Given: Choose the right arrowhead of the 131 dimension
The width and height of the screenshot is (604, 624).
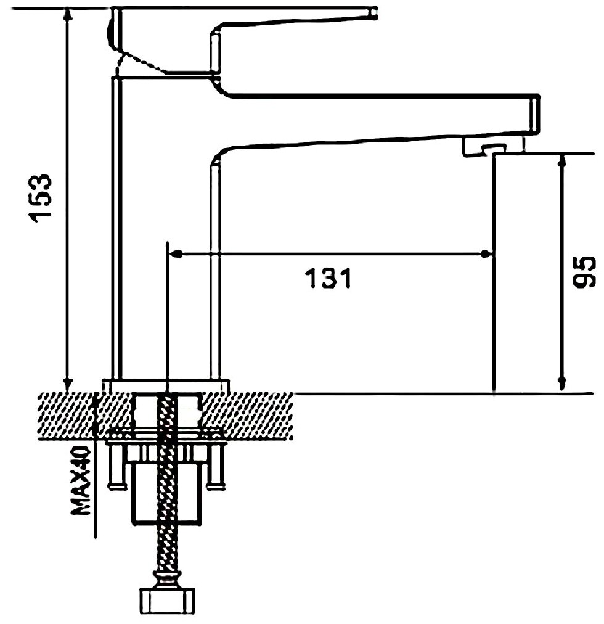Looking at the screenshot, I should point(487,253).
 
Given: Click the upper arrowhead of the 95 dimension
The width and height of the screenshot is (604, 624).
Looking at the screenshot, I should point(561,162).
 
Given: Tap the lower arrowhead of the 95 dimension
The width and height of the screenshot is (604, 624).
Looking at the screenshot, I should point(561,384).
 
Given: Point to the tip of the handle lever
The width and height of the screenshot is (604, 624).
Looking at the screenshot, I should point(373,13).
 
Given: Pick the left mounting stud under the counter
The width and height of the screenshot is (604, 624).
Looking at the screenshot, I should point(115,472).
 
